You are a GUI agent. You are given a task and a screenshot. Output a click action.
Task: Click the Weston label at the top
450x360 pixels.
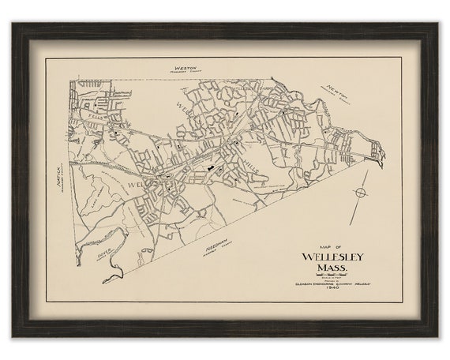click(184, 69)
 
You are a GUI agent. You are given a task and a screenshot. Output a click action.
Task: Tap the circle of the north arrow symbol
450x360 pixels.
click(361, 192)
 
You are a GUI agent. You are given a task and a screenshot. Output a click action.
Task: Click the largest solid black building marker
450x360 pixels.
click(210, 167)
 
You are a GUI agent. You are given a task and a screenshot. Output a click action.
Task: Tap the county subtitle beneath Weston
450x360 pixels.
click(185, 74)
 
